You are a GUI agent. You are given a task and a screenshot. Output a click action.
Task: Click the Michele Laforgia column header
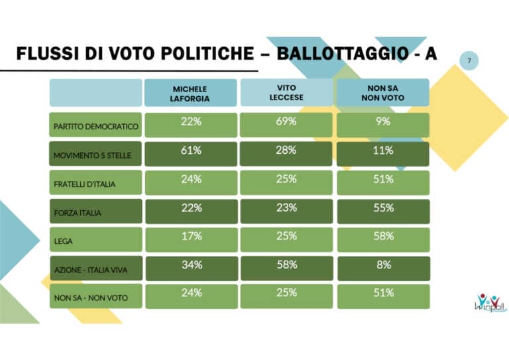coord(190,93)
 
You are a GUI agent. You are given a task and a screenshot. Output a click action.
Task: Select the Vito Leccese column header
coord(286,92)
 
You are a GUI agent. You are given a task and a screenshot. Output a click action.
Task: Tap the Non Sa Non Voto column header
coord(382,93)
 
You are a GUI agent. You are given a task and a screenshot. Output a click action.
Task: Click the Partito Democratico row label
coord(95,125)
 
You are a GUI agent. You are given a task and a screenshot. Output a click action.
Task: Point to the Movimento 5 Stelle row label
coord(95,154)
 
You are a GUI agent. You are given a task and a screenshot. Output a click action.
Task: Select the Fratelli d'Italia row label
coord(95,183)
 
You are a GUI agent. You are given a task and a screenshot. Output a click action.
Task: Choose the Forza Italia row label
coord(95,211)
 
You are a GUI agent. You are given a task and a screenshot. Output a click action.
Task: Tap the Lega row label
coord(95,240)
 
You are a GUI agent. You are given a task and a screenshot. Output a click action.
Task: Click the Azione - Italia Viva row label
coord(95,269)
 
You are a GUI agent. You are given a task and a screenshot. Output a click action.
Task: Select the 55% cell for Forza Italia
coord(382,210)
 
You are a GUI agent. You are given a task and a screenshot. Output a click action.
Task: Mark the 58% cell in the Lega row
coord(382,239)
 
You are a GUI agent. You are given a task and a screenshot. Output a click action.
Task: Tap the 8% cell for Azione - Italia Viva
coord(382,268)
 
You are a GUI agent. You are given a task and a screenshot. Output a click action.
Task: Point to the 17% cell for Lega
coord(190,239)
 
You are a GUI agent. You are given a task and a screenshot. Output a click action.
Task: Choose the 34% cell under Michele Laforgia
coord(190,268)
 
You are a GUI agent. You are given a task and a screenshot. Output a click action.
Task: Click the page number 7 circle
coord(469,61)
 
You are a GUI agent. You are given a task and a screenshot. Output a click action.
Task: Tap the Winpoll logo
coord(490,302)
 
